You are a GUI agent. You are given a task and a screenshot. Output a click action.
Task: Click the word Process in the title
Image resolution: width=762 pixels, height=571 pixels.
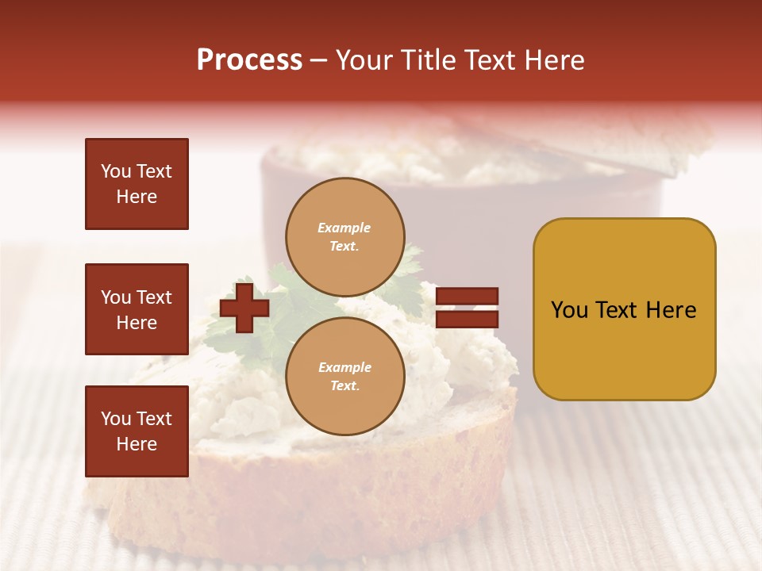[249, 60]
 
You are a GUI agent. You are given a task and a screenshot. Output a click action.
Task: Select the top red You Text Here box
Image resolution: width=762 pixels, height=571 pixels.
[137, 184]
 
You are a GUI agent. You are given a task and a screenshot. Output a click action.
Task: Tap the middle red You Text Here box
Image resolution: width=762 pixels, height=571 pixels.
[137, 309]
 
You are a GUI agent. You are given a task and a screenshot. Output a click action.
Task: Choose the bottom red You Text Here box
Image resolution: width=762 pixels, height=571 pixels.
[137, 431]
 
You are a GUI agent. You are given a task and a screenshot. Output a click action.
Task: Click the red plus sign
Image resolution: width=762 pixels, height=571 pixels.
[244, 308]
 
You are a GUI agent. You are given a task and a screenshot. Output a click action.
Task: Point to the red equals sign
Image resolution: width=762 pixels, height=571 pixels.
[467, 308]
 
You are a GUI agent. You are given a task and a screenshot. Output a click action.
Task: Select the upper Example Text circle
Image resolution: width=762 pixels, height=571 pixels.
[344, 237]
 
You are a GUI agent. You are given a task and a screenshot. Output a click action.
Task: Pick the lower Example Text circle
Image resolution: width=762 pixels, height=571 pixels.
[344, 377]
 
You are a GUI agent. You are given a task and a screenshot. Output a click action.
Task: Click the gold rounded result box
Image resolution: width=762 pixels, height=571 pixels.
[624, 309]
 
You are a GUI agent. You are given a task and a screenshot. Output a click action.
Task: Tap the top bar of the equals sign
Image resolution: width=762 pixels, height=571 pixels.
[467, 297]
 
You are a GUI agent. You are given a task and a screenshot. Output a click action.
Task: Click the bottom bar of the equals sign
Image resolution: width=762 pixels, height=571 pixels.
[467, 319]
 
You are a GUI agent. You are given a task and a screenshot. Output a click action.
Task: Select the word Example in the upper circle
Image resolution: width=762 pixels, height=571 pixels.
[344, 228]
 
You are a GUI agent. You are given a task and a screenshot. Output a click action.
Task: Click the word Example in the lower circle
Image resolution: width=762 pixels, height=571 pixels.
[344, 368]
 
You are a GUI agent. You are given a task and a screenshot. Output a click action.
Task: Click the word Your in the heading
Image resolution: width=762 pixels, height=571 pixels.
[364, 60]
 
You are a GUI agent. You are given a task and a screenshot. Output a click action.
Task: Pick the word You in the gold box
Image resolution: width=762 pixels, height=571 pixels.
[569, 310]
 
